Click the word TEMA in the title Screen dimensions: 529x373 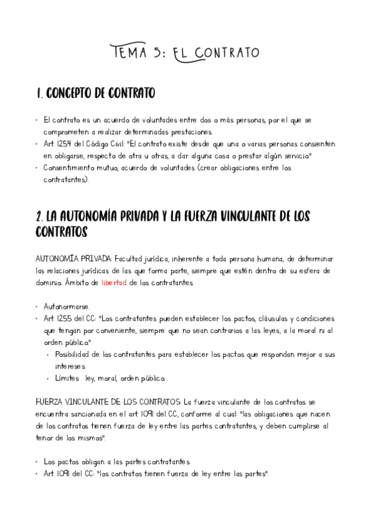point(129,52)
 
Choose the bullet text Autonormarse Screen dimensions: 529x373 point(67,306)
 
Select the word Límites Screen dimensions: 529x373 point(67,378)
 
